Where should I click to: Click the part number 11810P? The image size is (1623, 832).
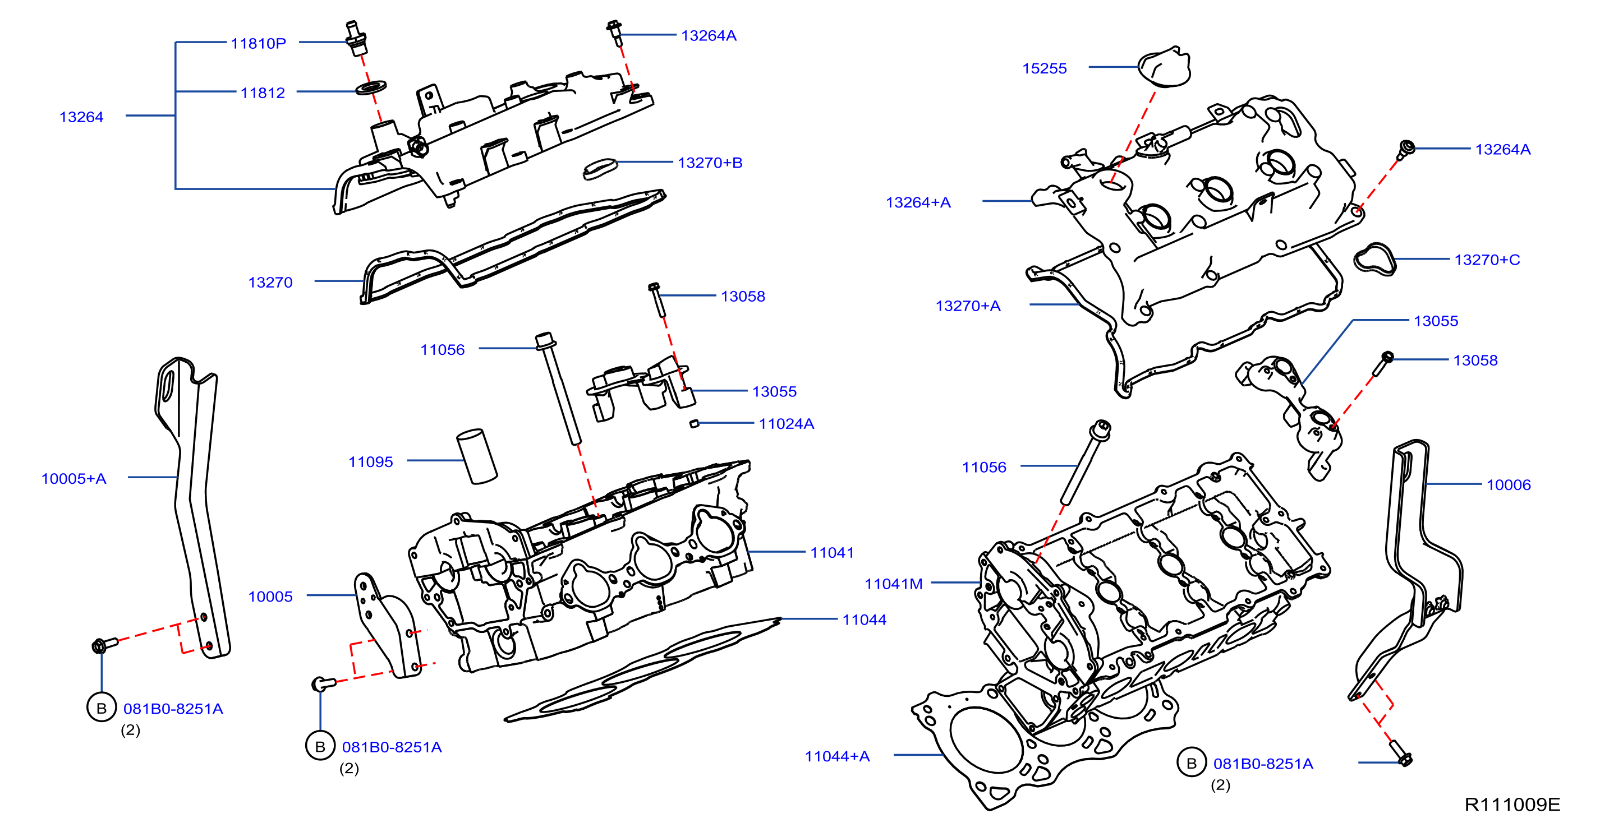[x=258, y=44]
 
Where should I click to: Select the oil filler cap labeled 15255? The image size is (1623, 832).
[x=1164, y=66]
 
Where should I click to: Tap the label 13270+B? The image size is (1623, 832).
[x=710, y=163]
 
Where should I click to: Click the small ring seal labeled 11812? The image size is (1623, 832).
[x=371, y=87]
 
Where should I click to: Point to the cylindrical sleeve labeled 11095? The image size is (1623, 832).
[x=477, y=456]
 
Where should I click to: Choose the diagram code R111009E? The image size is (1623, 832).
[x=1512, y=805]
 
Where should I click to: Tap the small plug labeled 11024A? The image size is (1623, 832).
[x=695, y=423]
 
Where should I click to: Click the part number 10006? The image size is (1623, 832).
[x=1509, y=485]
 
